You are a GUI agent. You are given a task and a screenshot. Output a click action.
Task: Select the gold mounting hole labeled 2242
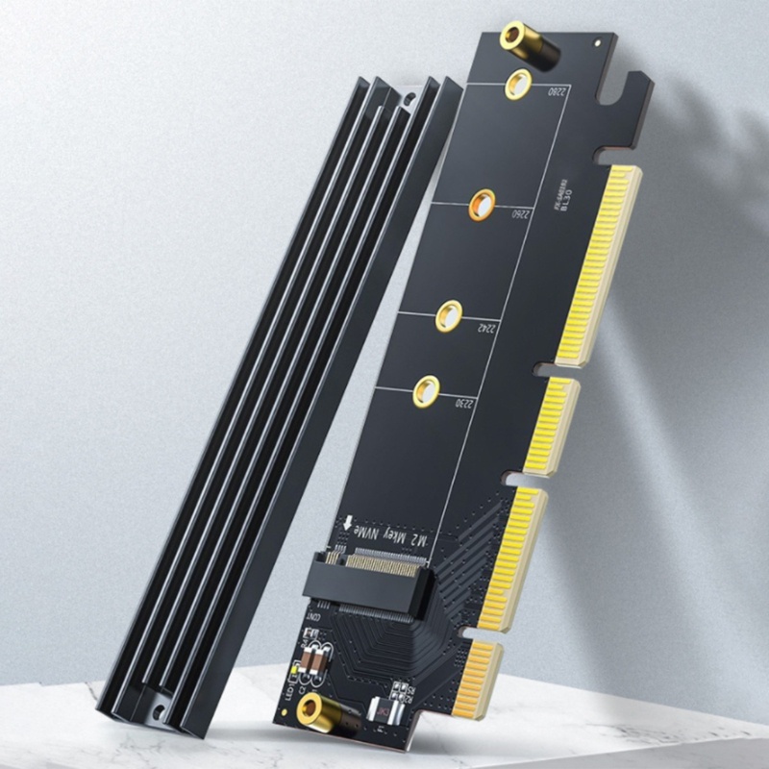(448, 314)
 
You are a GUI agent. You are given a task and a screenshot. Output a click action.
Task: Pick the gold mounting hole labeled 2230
(426, 391)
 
